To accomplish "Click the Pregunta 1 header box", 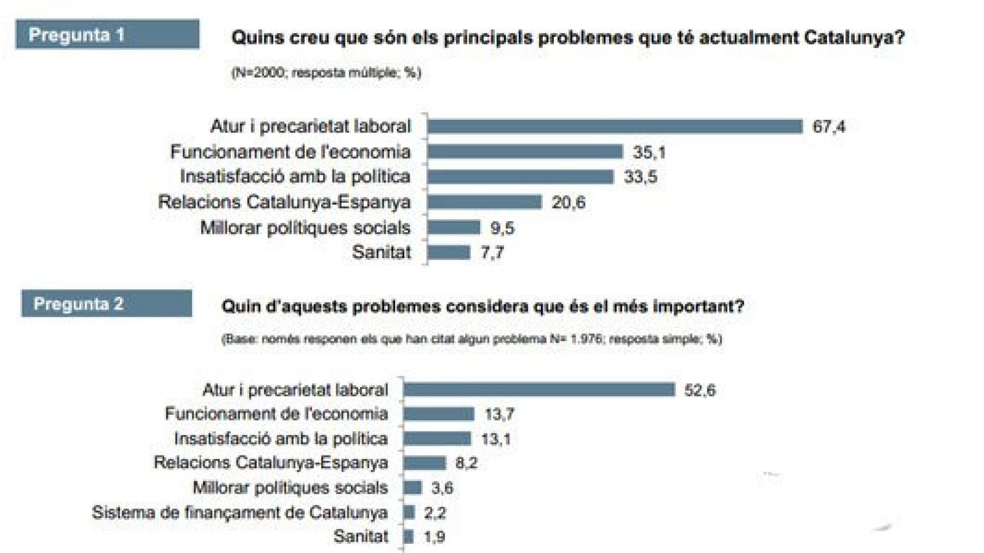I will pos(107,35).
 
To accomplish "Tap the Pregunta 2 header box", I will pos(107,304).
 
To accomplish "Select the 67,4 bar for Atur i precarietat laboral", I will pos(615,126).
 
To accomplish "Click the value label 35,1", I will pos(649,152).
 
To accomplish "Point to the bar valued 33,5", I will pos(520,177).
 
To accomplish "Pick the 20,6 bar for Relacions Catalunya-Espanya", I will pos(485,202).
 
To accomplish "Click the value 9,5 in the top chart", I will pos(502,228).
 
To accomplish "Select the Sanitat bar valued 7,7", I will pos(449,252).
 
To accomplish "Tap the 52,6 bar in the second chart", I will pos(539,390).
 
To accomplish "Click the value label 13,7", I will pos(499,414).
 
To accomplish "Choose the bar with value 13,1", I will pos(437,439).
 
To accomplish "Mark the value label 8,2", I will pos(466,463).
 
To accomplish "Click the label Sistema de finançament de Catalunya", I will pos(239,512).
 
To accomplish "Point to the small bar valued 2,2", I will pos(410,512).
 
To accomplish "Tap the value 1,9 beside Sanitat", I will pos(434,537).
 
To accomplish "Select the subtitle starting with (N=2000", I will pos(326,73).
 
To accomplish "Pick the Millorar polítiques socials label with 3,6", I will pos(290,488).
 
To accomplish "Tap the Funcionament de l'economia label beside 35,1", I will pos(290,152).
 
